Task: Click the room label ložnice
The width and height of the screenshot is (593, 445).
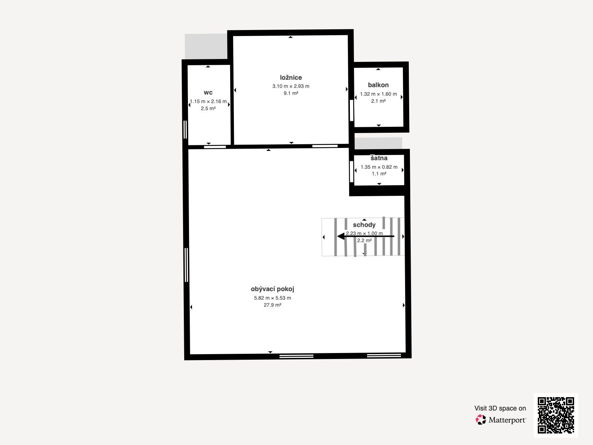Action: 291,78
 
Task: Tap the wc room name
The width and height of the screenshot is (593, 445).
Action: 208,93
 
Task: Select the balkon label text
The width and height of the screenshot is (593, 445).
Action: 378,85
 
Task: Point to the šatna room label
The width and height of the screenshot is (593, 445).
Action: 379,158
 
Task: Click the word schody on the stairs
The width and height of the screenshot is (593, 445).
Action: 364,225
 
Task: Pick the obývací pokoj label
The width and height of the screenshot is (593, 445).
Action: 272,289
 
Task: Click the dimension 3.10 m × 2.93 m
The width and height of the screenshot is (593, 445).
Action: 291,86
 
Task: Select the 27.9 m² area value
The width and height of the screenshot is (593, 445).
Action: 272,305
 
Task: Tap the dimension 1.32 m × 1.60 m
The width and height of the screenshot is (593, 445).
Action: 378,94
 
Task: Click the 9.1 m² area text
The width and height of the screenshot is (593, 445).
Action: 291,93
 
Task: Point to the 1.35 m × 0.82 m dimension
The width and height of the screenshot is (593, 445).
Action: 379,167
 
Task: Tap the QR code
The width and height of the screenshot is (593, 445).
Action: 556,415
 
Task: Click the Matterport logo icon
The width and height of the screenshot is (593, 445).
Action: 481,419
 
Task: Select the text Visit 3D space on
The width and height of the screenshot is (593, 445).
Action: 500,408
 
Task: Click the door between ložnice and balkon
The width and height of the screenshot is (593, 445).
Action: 351,111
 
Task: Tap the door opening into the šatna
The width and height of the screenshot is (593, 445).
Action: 351,171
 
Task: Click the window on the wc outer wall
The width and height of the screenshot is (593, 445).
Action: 185,129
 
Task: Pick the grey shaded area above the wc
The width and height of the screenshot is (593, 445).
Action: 206,46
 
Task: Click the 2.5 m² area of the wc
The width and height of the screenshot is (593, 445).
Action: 208,108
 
